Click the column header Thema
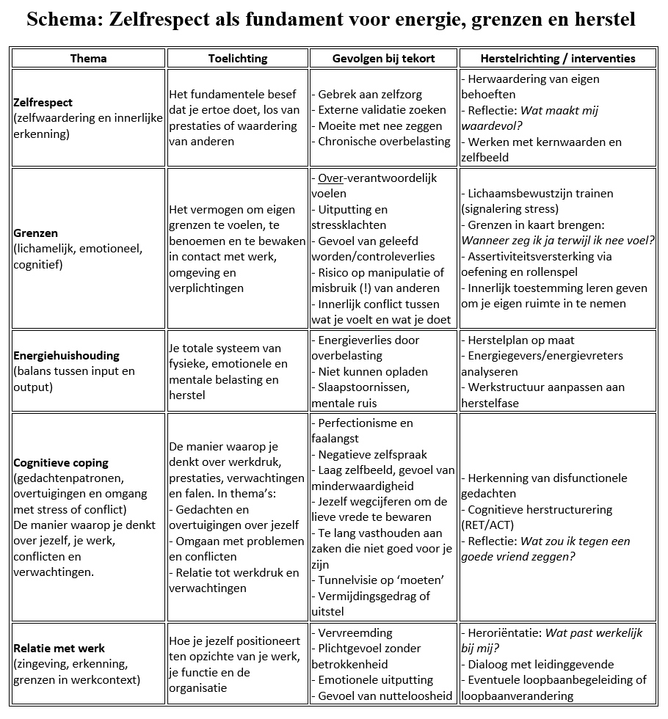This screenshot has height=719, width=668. click(x=88, y=58)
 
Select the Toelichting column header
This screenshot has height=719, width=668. click(x=238, y=58)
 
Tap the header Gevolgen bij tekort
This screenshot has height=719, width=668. click(x=383, y=58)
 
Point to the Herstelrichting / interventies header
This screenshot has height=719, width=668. click(x=557, y=58)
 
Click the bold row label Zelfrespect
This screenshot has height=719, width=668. click(x=43, y=103)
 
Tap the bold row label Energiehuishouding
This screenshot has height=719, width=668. click(x=66, y=355)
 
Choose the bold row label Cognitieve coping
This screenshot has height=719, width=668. click(x=61, y=462)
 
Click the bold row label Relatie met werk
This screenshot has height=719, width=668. click(x=59, y=648)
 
